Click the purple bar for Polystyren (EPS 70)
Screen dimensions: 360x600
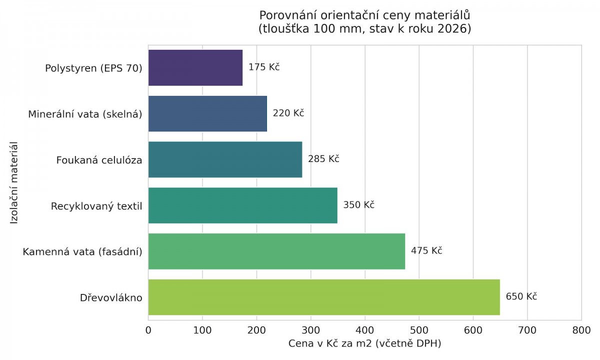pyautogui.click(x=195, y=67)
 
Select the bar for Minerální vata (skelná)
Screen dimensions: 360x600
pyautogui.click(x=207, y=113)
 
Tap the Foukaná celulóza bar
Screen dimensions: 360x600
pyautogui.click(x=225, y=159)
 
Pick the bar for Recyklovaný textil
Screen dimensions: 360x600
pyautogui.click(x=242, y=205)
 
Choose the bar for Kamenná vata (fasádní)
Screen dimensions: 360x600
pyautogui.click(x=276, y=251)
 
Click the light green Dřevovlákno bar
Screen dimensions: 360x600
pyautogui.click(x=324, y=297)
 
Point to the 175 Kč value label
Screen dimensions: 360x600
pyautogui.click(x=264, y=67)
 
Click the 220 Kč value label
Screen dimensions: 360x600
pyautogui.click(x=288, y=113)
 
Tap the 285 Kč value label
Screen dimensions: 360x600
pyautogui.click(x=323, y=159)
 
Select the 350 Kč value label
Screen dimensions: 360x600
pyautogui.click(x=358, y=205)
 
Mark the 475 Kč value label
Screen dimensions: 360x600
pyautogui.click(x=426, y=250)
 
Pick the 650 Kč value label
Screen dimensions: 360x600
pyautogui.click(x=521, y=296)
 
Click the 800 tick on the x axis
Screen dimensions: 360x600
pyautogui.click(x=581, y=330)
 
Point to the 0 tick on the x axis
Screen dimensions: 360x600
pyautogui.click(x=148, y=330)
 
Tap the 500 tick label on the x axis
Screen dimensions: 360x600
pyautogui.click(x=419, y=330)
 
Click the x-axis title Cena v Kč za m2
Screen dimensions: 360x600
pyautogui.click(x=364, y=344)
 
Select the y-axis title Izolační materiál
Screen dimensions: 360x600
pyautogui.click(x=14, y=182)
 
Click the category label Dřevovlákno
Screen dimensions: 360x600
pyautogui.click(x=111, y=298)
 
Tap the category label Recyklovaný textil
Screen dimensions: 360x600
pyautogui.click(x=96, y=206)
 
